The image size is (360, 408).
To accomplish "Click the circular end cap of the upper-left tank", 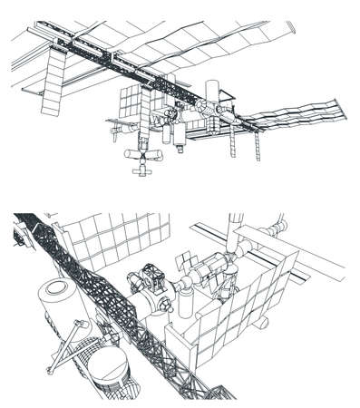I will [55, 292].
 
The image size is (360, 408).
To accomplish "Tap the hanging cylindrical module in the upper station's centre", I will [179, 133].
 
